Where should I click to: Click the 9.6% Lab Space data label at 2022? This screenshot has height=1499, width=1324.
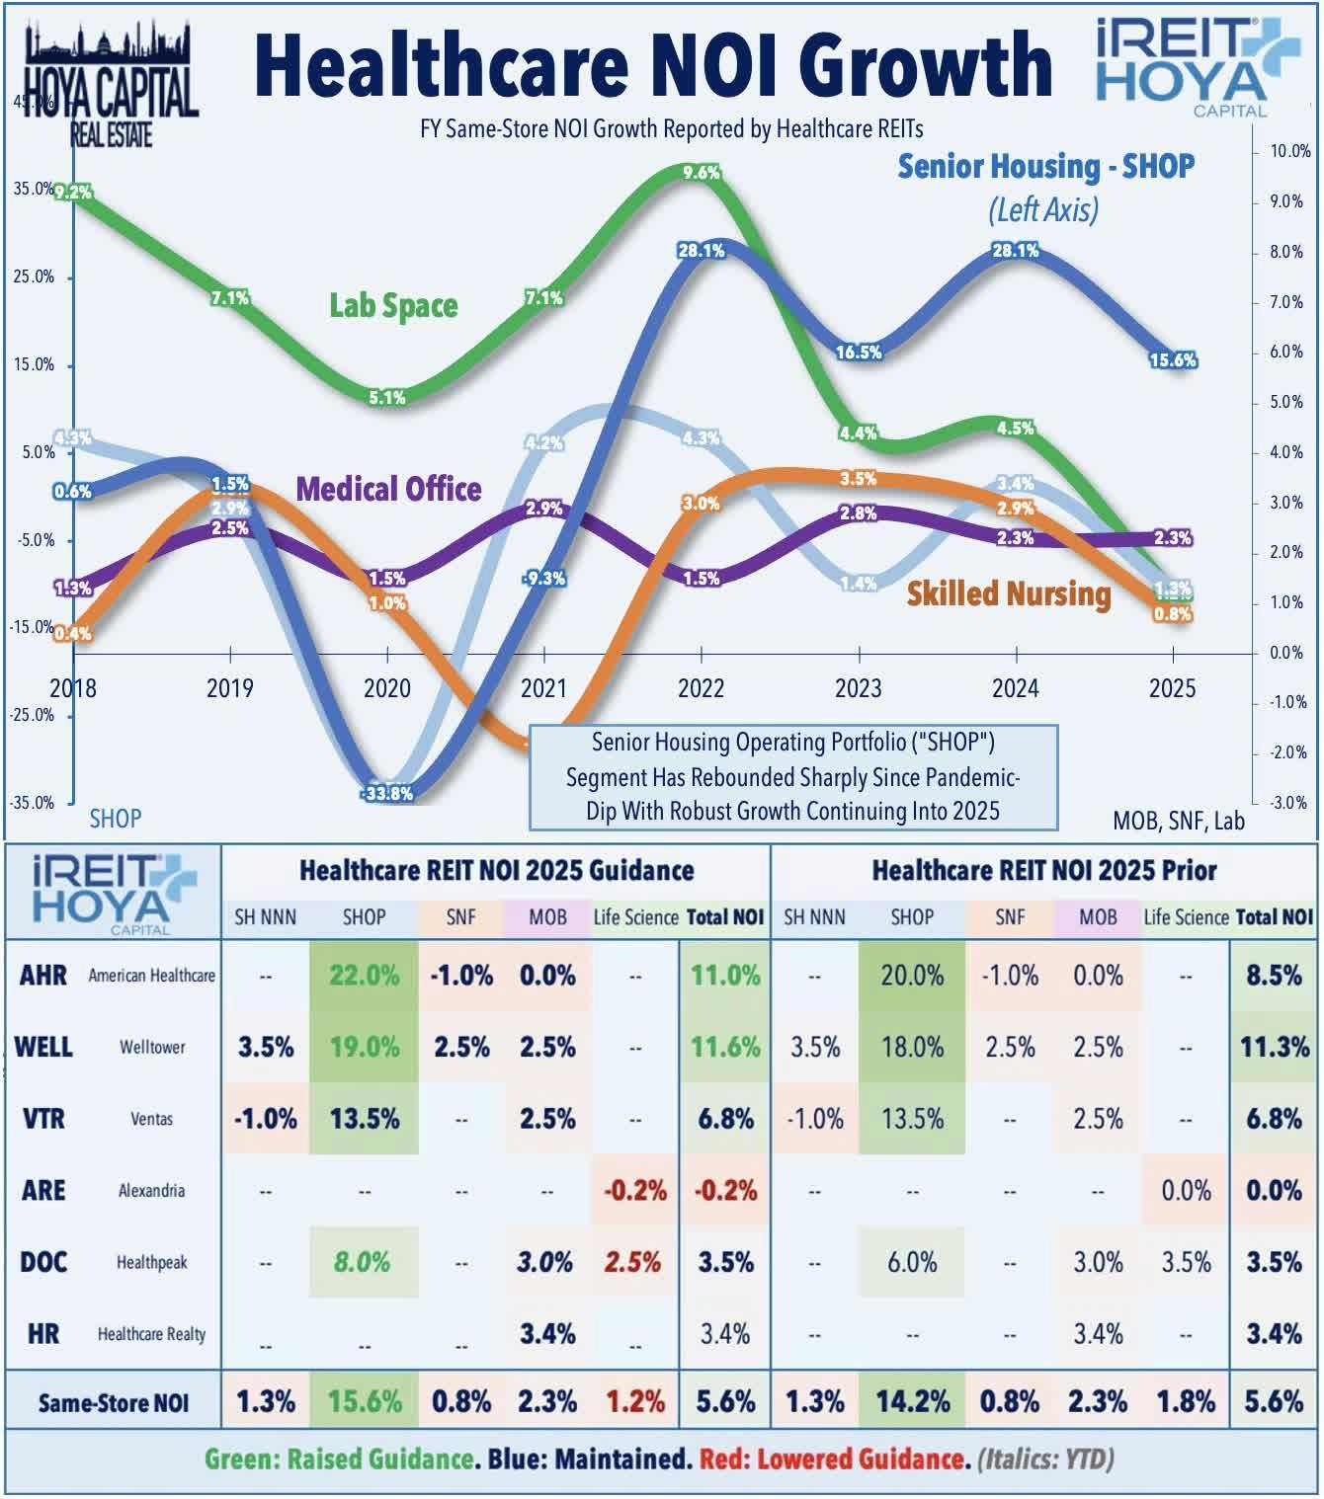(x=701, y=173)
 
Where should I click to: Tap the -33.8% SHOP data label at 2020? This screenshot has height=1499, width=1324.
(x=387, y=793)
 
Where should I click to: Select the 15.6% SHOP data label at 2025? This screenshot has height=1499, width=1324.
(x=1173, y=360)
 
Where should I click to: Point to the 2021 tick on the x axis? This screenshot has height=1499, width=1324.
(x=543, y=687)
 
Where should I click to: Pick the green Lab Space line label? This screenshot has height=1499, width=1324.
(x=393, y=305)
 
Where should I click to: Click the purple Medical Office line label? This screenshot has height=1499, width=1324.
(x=388, y=489)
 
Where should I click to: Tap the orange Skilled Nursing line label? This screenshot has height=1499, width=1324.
(x=1009, y=593)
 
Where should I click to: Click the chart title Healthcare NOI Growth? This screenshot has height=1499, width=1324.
(x=653, y=64)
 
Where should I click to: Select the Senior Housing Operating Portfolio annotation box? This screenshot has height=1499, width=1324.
(x=793, y=776)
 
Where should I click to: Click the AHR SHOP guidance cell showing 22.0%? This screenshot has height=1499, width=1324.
(x=364, y=976)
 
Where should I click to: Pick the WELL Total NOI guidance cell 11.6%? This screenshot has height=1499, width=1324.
(x=725, y=1047)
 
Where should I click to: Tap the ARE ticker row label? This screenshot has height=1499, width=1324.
(x=43, y=1190)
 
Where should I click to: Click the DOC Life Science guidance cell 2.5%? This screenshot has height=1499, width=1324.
(x=633, y=1262)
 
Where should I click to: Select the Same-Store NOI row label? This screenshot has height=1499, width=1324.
(x=113, y=1402)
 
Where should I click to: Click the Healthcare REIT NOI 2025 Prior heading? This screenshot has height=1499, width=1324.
(x=1043, y=870)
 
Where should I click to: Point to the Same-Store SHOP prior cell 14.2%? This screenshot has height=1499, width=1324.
(x=912, y=1401)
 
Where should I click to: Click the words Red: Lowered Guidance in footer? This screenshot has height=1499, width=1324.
(x=832, y=1459)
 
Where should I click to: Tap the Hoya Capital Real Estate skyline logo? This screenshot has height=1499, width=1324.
(x=110, y=84)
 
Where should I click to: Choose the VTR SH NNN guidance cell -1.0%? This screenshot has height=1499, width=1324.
(x=265, y=1119)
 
